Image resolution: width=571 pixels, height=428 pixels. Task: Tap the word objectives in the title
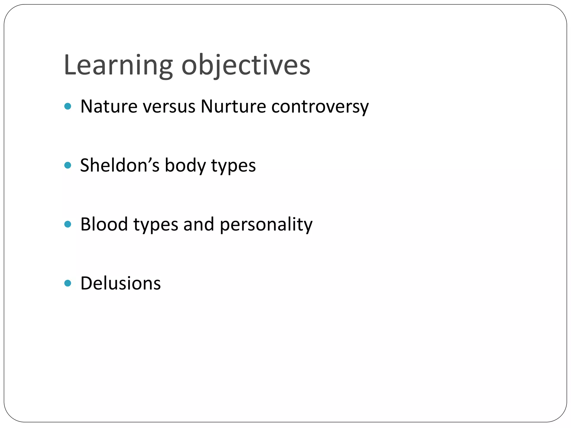pos(246,65)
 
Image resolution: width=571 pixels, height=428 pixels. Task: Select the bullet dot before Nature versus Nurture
pos(68,106)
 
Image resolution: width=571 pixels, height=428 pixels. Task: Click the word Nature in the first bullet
pos(109,106)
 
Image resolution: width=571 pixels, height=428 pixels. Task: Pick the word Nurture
pos(233,106)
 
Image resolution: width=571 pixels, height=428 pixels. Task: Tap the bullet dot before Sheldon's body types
pos(68,165)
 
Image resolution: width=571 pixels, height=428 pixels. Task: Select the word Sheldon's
pos(120,165)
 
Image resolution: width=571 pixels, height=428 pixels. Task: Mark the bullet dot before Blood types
pos(68,224)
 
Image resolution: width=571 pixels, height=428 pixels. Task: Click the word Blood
pos(104,224)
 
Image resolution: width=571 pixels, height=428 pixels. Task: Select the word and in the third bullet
pos(199,224)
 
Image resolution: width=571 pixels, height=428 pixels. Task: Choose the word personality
pos(266,225)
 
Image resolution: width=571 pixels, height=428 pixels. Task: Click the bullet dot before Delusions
pos(68,283)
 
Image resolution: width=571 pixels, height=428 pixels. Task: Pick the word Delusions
pos(120,283)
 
